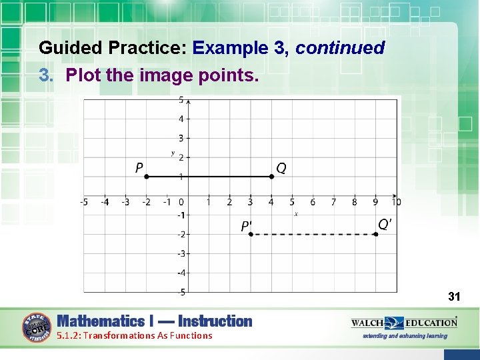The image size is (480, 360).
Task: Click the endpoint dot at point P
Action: pyautogui.click(x=147, y=177)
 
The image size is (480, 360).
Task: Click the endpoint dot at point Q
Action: pyautogui.click(x=271, y=177)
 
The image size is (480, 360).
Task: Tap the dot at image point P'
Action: pyautogui.click(x=251, y=234)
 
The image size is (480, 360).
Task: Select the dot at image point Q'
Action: pyautogui.click(x=375, y=234)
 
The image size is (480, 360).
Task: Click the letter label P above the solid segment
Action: pyautogui.click(x=139, y=167)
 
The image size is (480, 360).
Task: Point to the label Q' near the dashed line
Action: pyautogui.click(x=385, y=225)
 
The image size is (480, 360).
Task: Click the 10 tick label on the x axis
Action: pyautogui.click(x=396, y=202)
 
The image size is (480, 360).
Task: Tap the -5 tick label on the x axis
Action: pyautogui.click(x=84, y=202)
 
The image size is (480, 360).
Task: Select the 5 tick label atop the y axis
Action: pyautogui.click(x=181, y=101)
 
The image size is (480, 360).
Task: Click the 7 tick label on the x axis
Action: pyautogui.click(x=333, y=202)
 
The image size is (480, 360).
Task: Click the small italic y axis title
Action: pyautogui.click(x=173, y=153)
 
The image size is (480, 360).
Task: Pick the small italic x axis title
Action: pyautogui.click(x=296, y=214)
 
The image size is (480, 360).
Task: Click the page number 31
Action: pyautogui.click(x=455, y=296)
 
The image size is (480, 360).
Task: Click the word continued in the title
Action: pyautogui.click(x=340, y=48)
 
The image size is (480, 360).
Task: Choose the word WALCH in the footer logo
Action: pyautogui.click(x=367, y=323)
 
